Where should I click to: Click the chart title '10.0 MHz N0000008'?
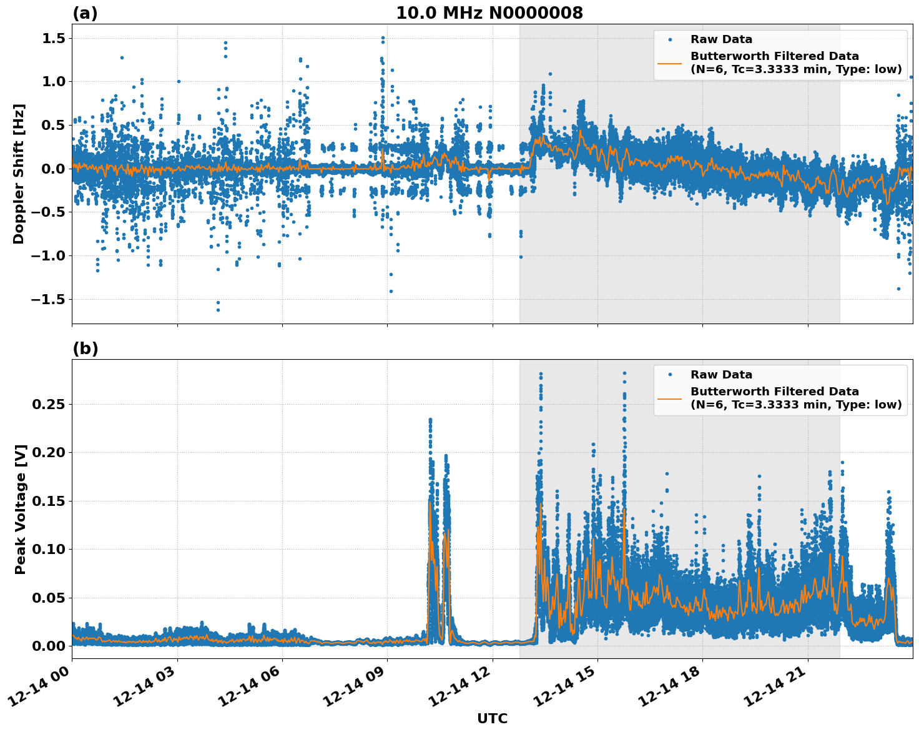(x=489, y=13)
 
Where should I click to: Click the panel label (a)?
(x=85, y=13)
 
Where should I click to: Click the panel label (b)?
(x=85, y=349)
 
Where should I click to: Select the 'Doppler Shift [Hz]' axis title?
(x=19, y=174)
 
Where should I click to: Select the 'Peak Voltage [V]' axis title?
(x=21, y=509)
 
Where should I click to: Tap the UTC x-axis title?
(x=492, y=718)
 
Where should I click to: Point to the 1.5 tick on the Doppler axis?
(x=52, y=39)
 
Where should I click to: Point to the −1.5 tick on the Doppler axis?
(x=47, y=300)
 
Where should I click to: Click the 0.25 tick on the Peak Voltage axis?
(x=49, y=405)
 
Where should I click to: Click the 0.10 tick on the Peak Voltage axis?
(x=49, y=550)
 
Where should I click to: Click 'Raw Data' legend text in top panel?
(x=721, y=39)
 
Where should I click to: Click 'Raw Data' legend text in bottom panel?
(x=721, y=375)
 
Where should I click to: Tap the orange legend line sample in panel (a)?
(x=670, y=62)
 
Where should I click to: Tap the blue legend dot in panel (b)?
(x=670, y=375)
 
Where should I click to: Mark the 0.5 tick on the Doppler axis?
(x=52, y=126)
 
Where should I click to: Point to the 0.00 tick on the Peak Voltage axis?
(x=49, y=646)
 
